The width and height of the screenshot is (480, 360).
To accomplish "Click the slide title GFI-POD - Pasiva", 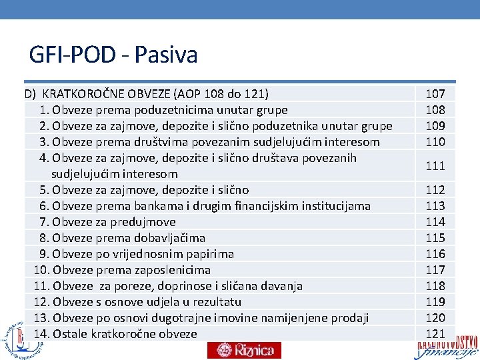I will (x=113, y=55).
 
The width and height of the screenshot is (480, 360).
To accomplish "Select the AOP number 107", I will (x=435, y=94).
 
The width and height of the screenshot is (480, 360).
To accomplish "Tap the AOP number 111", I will (x=435, y=166).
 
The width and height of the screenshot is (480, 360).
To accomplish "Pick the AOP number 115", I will (x=435, y=238).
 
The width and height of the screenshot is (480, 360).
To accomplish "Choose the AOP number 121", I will (x=435, y=334).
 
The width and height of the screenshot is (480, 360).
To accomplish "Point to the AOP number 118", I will (x=435, y=286).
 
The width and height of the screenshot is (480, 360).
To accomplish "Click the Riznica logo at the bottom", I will (x=244, y=350).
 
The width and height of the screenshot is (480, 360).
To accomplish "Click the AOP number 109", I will (x=435, y=126).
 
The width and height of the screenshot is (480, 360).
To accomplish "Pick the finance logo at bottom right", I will (x=447, y=347).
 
